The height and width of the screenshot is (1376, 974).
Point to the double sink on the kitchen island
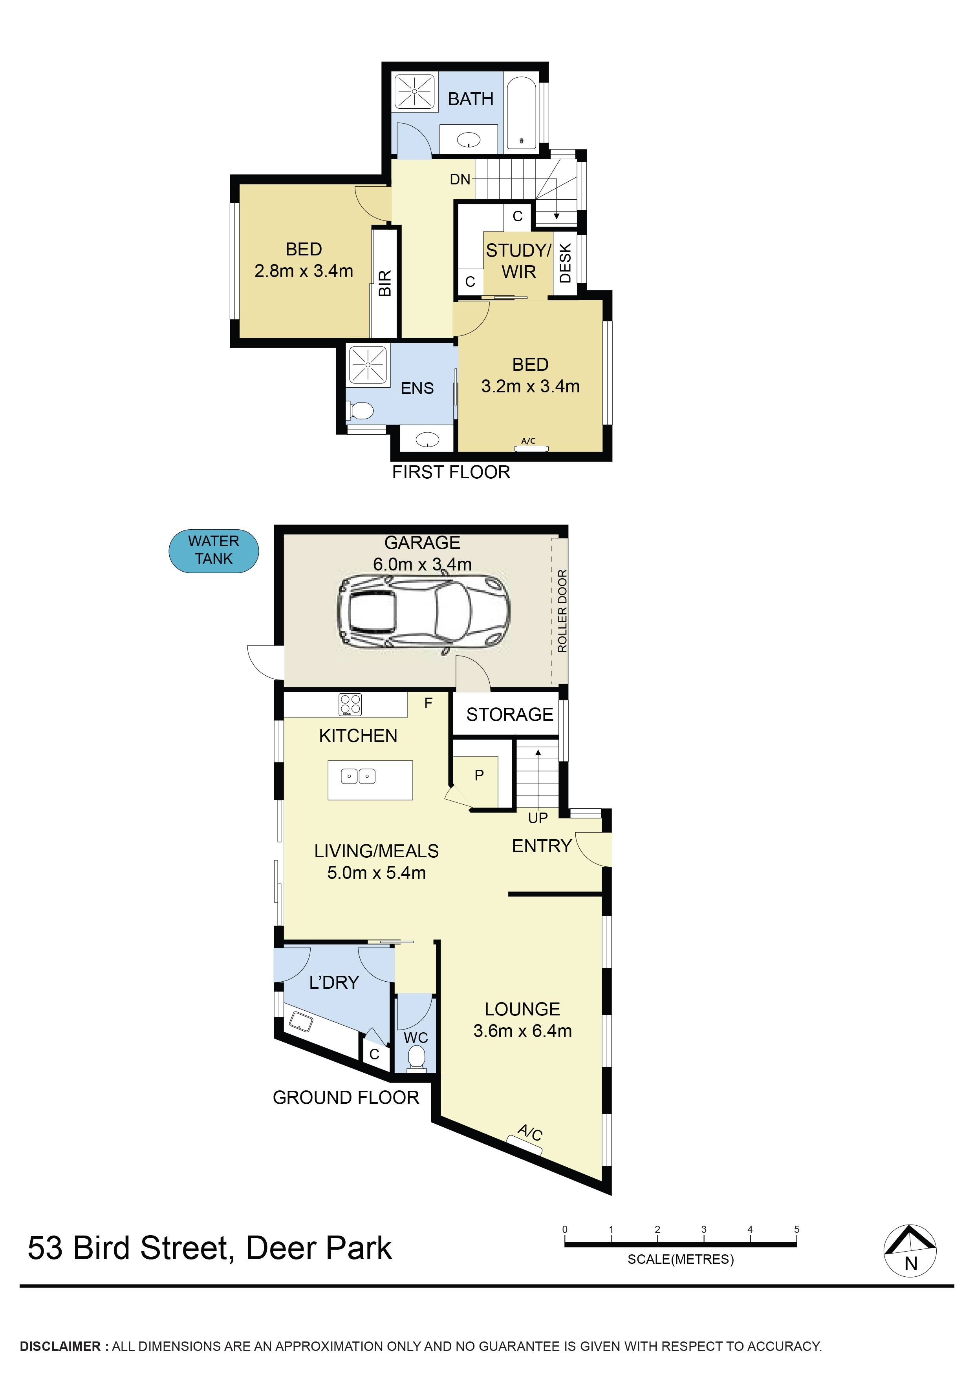point(358,776)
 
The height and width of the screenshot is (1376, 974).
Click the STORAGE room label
point(509,714)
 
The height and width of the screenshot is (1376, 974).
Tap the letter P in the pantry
point(479,776)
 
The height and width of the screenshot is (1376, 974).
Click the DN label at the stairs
point(460,179)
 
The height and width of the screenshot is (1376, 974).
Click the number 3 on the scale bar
point(703,1229)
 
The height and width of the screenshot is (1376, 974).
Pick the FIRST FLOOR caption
point(451,472)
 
